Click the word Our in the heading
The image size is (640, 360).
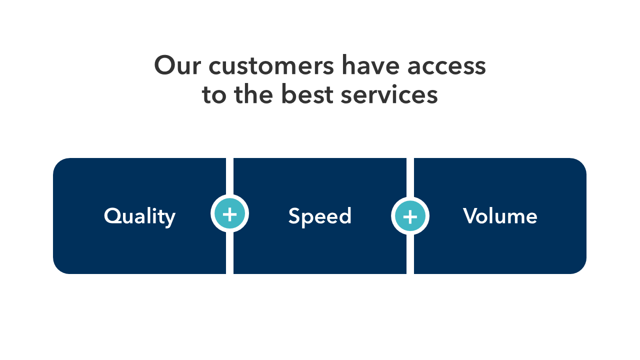coord(177,65)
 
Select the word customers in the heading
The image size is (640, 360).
coord(271,66)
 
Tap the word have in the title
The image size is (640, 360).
coord(370,65)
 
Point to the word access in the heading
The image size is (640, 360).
coord(446,67)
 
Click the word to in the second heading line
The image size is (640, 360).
coord(214,94)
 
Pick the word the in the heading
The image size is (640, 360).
coord(253,93)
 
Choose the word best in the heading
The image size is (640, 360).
coord(307,93)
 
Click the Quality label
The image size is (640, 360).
coord(139,217)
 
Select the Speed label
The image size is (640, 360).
coord(319,217)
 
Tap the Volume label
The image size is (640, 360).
coord(500,215)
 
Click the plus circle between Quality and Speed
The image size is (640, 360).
coord(229,213)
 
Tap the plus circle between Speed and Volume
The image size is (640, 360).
coord(410,216)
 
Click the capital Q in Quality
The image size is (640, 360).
coord(113,215)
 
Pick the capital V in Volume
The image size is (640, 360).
coord(471,215)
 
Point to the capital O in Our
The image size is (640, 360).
coord(164,65)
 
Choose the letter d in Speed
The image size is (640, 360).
coord(344,215)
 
